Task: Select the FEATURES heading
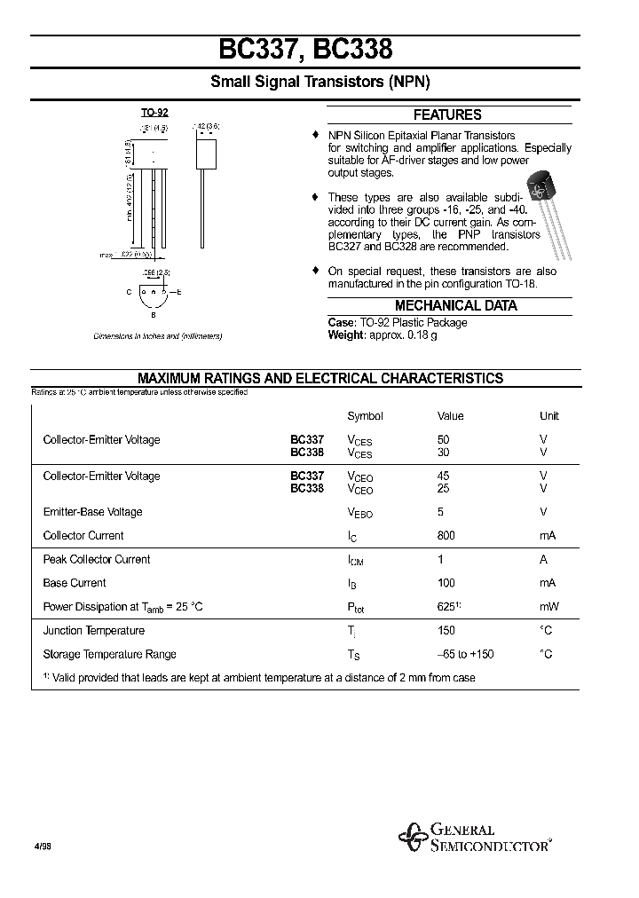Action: [447, 114]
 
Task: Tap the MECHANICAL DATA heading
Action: [455, 305]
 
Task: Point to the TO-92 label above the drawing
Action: [154, 113]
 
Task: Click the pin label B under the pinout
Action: [153, 314]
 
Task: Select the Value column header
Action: [450, 415]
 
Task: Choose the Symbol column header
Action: [365, 415]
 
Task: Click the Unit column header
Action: [548, 415]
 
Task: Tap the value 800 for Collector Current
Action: [446, 535]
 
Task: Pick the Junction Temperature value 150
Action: [446, 630]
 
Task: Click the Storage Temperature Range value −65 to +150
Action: [465, 654]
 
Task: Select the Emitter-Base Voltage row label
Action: [92, 511]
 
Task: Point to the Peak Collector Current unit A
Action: [543, 559]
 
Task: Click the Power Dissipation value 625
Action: [446, 606]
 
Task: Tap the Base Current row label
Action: [75, 583]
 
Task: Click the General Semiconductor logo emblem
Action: [412, 837]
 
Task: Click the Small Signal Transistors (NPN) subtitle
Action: [319, 82]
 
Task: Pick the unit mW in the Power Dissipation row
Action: [547, 607]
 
